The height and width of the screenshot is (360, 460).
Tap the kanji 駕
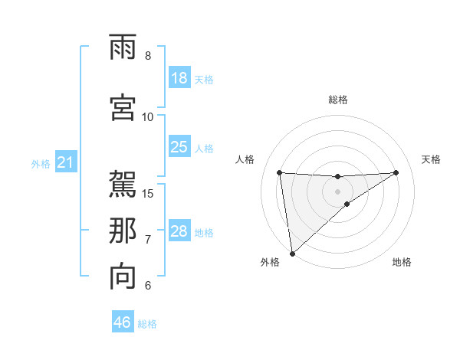(123, 183)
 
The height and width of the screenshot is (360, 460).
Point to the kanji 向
(123, 277)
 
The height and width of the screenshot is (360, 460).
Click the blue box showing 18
(179, 78)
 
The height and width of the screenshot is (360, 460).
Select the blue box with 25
(179, 147)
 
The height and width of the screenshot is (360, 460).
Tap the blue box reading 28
(179, 231)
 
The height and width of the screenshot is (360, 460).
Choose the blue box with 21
(65, 162)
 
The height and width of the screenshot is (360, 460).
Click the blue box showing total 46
(123, 322)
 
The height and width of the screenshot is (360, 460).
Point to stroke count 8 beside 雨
(148, 56)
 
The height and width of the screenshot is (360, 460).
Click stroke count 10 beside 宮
(148, 116)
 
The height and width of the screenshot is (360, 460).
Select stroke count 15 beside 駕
(148, 192)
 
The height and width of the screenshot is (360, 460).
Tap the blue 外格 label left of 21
(41, 163)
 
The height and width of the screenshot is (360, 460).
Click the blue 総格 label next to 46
(147, 324)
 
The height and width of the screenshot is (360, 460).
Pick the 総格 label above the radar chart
(338, 100)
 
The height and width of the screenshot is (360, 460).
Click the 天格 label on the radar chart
(431, 159)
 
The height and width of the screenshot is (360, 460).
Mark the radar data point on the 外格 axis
(291, 254)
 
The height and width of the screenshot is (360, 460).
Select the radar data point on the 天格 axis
(396, 172)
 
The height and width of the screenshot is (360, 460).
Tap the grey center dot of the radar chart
(338, 191)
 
